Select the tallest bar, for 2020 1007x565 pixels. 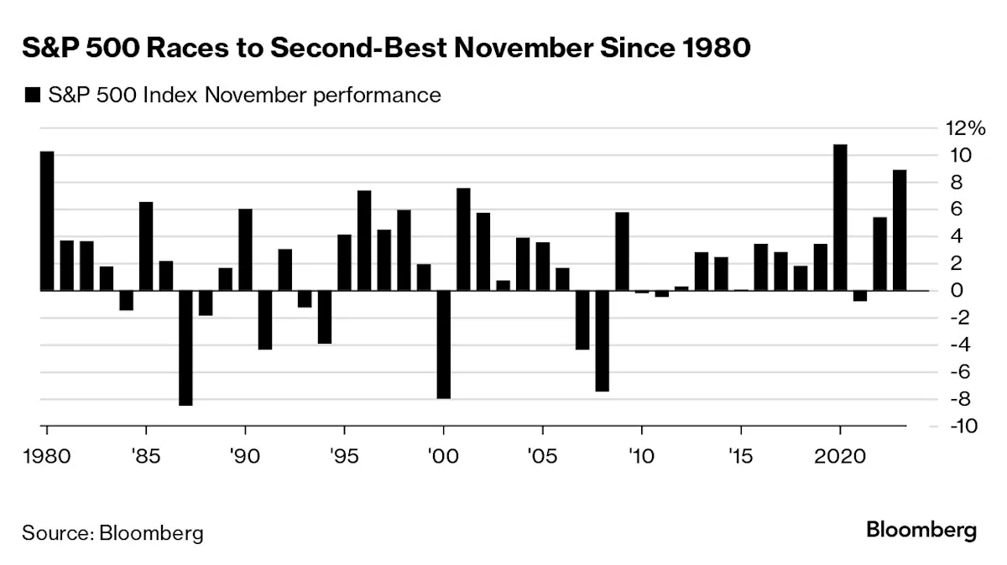coord(839,218)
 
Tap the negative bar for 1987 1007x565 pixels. coord(185,348)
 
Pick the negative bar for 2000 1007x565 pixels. coord(443,345)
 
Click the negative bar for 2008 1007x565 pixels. coord(602,341)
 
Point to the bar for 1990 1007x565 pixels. coord(245,250)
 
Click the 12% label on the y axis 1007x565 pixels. coord(961,128)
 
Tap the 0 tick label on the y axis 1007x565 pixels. coord(952,291)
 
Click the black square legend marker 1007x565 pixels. coord(33,96)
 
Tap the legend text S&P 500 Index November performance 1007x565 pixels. coord(243,96)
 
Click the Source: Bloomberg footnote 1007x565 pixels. coord(112,532)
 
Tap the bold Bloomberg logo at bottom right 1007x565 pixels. coord(921,531)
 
